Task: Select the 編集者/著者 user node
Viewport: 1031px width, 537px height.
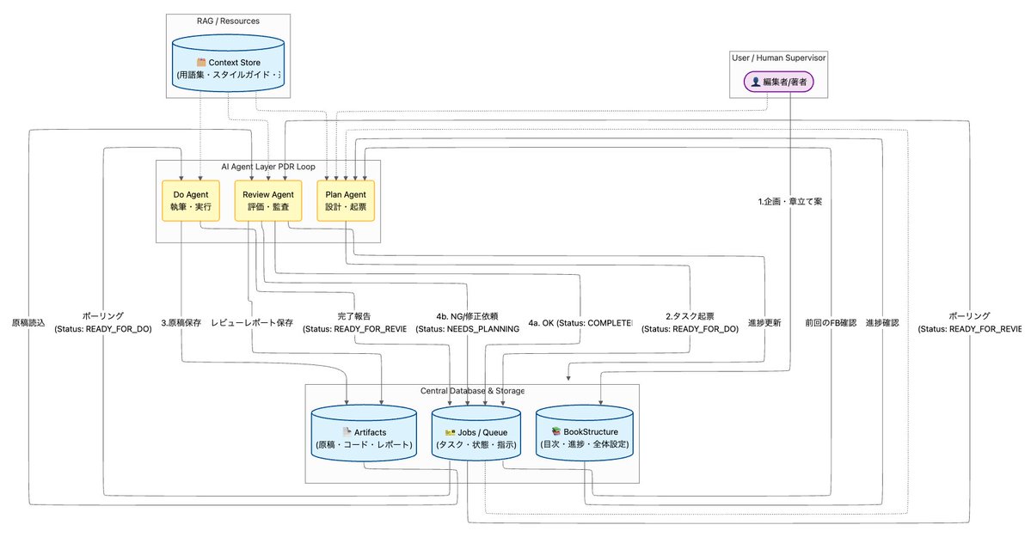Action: pos(777,82)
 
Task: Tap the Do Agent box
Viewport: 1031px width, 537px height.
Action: pos(185,201)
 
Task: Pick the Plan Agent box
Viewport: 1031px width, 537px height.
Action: pos(346,201)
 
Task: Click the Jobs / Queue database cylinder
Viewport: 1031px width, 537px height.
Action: pos(476,437)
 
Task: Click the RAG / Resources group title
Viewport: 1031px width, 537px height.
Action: pos(228,20)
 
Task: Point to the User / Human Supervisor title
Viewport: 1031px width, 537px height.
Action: pos(777,58)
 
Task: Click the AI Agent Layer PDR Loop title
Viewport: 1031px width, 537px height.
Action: pos(267,165)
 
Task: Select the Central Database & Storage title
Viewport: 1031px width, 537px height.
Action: pos(472,391)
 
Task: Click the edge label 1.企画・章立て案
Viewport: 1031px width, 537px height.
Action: pos(789,202)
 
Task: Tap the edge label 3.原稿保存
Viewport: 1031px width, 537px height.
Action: pos(181,323)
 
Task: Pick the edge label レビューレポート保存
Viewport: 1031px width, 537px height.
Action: pos(252,323)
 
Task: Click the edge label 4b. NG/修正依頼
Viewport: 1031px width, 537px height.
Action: pos(467,316)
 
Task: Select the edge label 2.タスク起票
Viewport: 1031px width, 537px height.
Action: pos(690,316)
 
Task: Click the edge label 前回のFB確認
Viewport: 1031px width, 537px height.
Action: pos(830,323)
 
